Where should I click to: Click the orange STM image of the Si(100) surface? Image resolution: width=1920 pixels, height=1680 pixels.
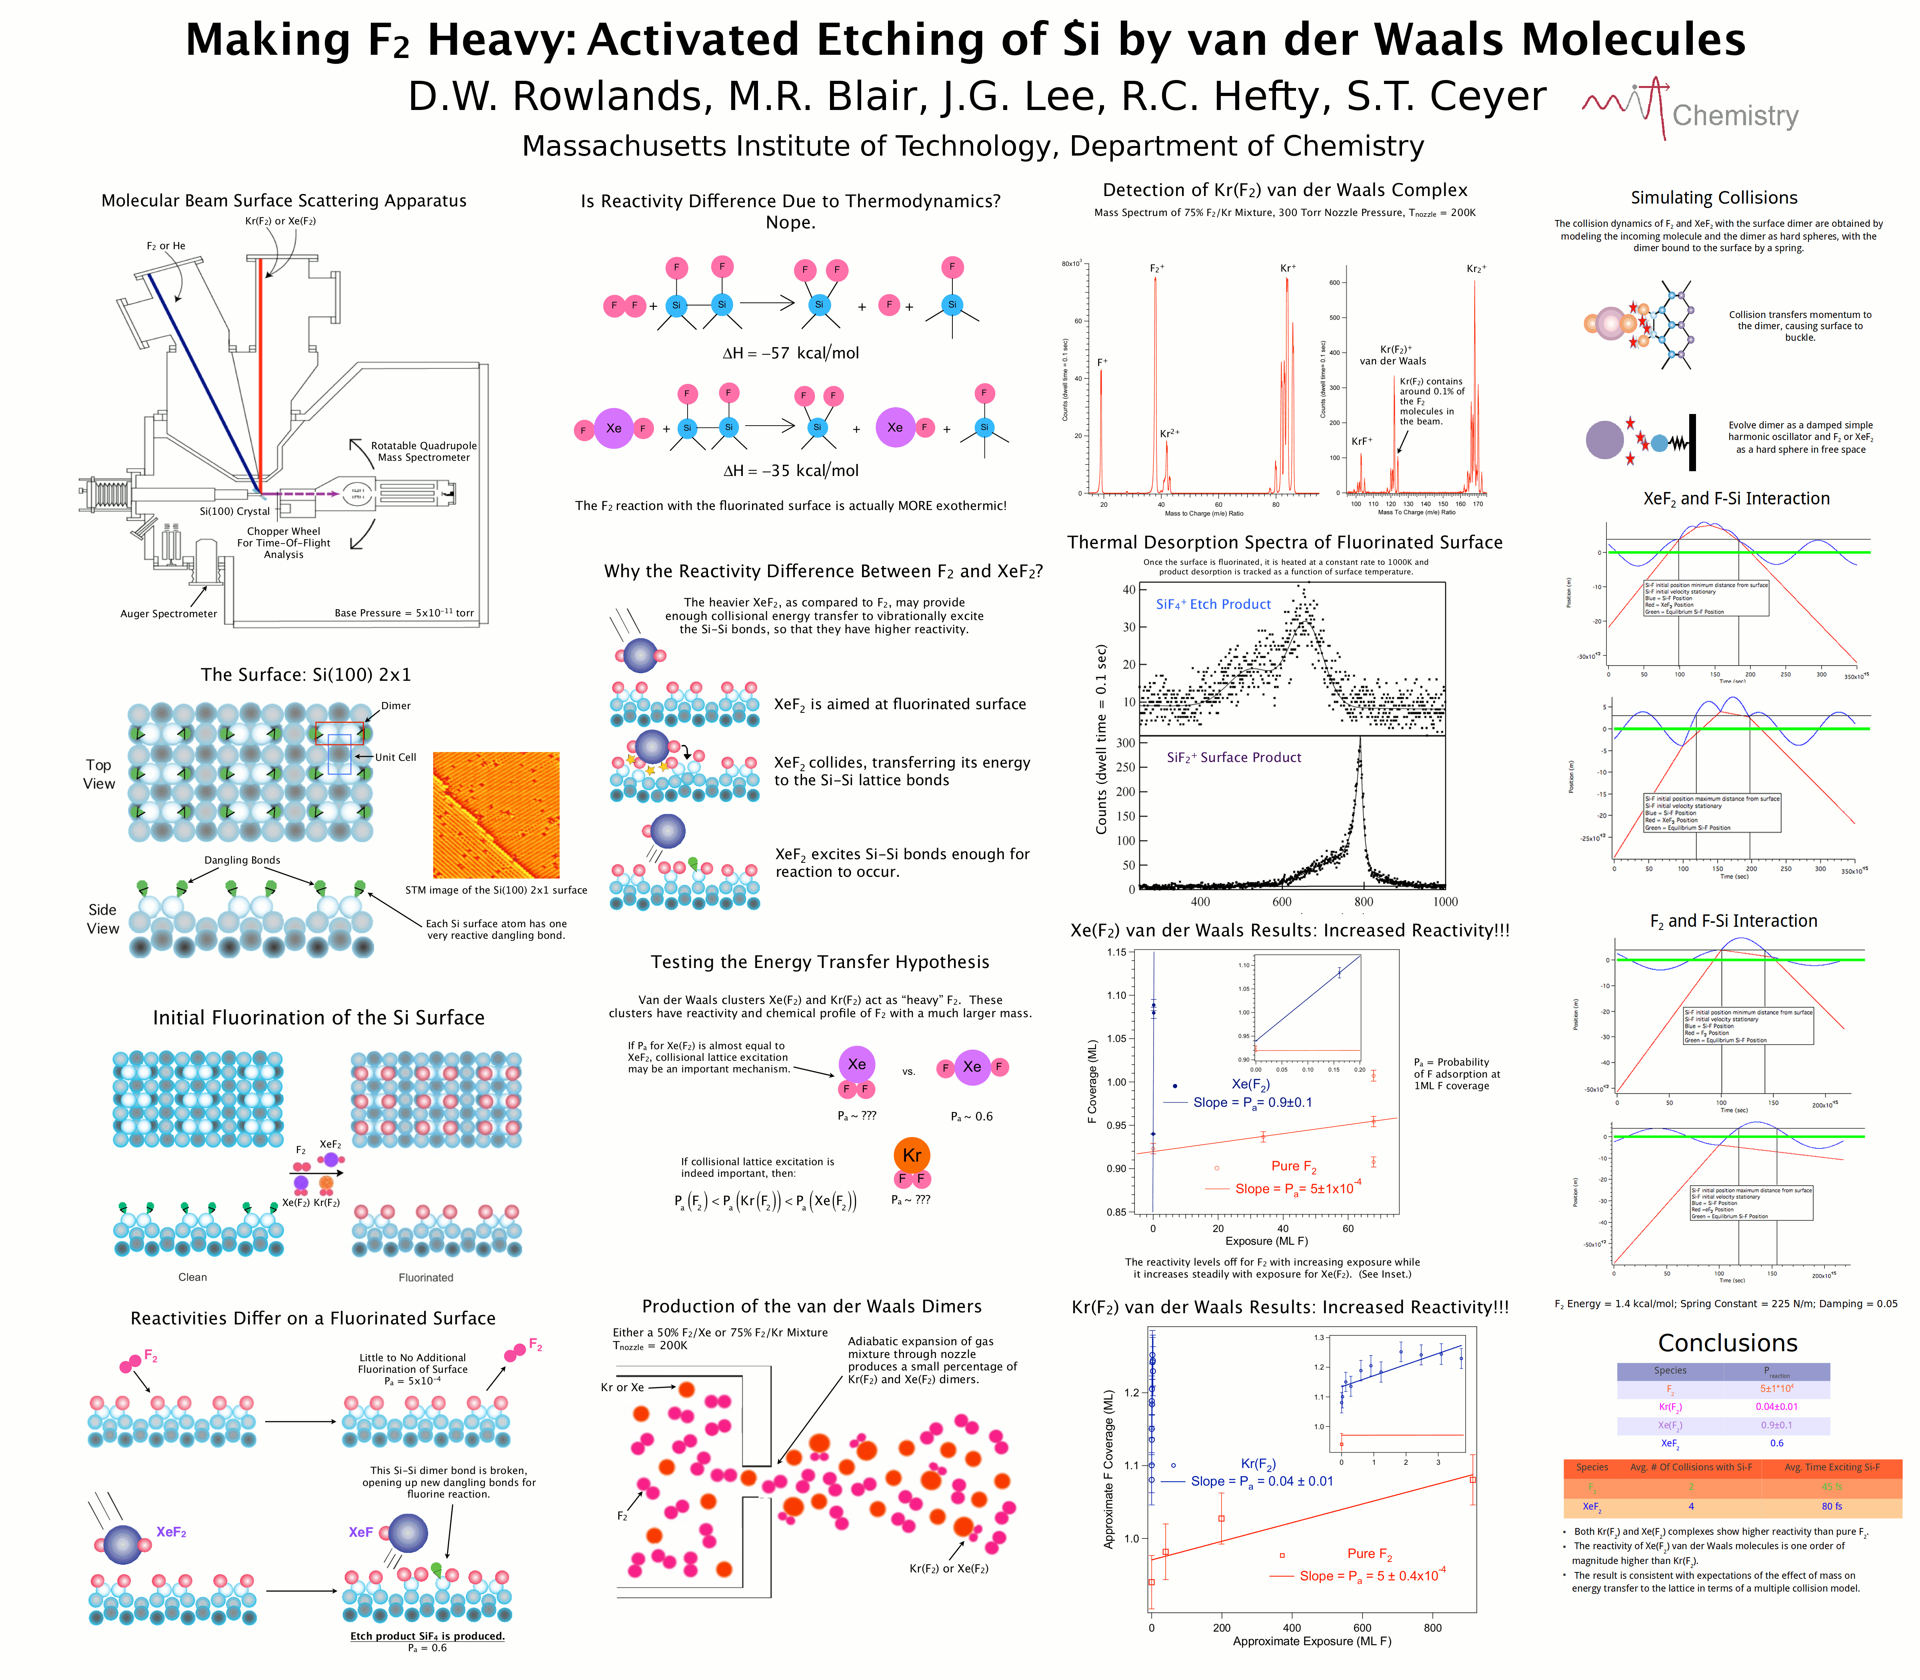[496, 815]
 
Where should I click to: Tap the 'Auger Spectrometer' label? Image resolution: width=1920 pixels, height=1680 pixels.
[169, 614]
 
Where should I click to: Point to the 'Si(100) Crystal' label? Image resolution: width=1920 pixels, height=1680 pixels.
[234, 512]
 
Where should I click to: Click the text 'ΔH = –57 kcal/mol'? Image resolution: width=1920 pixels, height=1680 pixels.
[790, 354]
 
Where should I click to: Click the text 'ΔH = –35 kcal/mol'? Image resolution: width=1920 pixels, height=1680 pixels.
[790, 471]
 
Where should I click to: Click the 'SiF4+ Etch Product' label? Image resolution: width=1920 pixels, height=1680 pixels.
[1213, 605]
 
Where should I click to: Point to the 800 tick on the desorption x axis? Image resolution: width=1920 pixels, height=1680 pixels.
[1363, 902]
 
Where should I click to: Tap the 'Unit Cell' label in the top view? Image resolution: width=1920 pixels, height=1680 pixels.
[395, 758]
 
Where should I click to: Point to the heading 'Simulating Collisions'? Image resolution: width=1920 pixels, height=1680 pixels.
[1714, 198]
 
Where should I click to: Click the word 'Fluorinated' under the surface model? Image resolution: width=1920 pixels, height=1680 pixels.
[426, 1278]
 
